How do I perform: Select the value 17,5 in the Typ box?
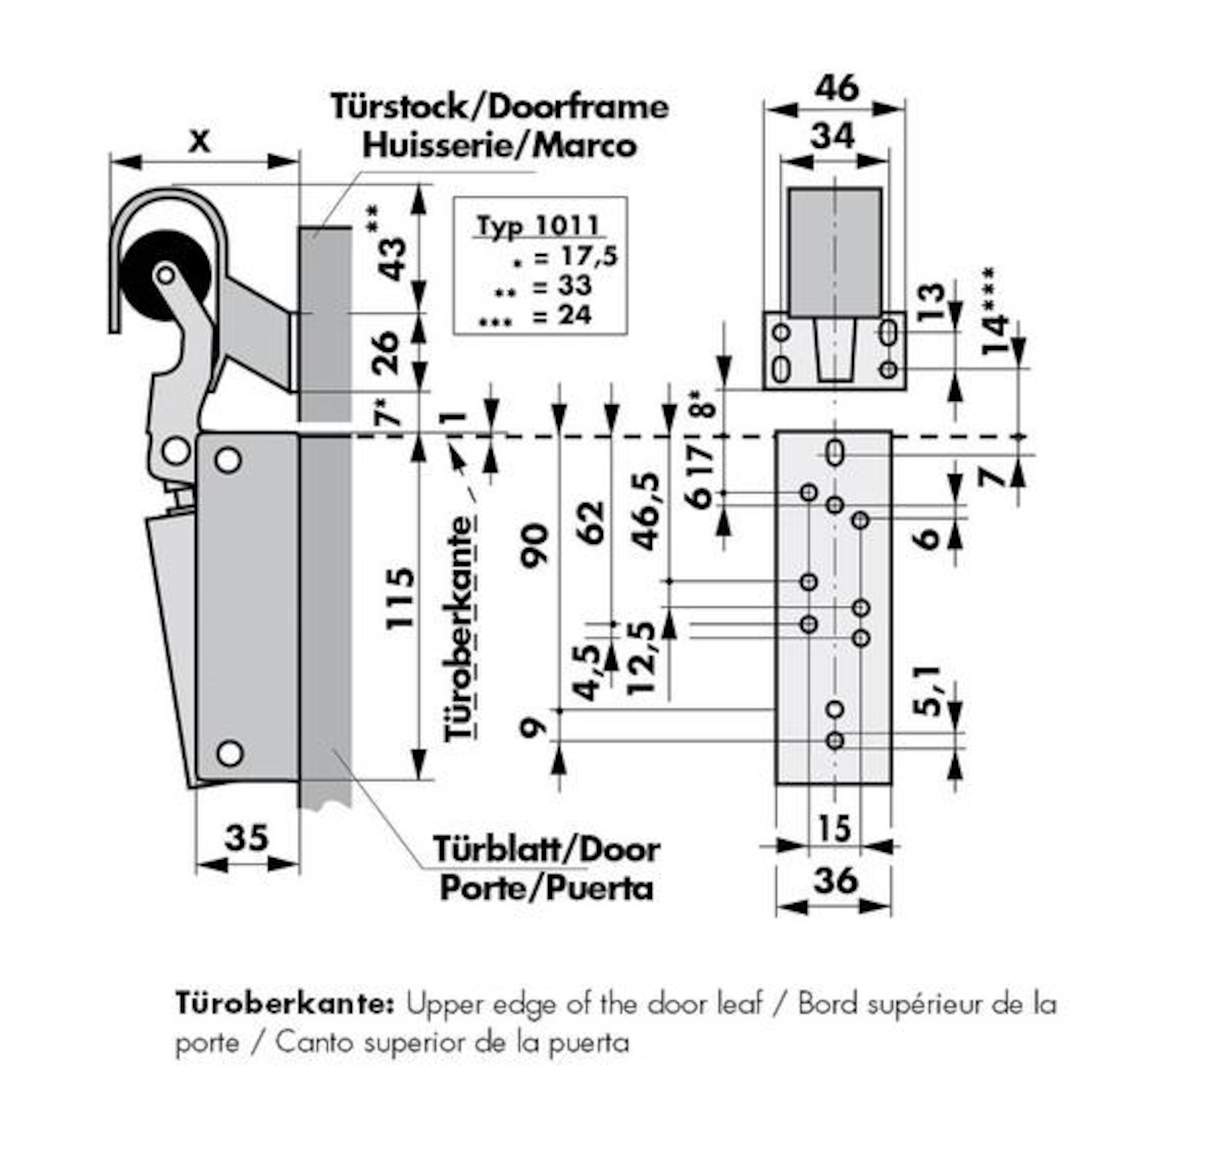[x=589, y=255]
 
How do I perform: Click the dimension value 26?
[x=386, y=353]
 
